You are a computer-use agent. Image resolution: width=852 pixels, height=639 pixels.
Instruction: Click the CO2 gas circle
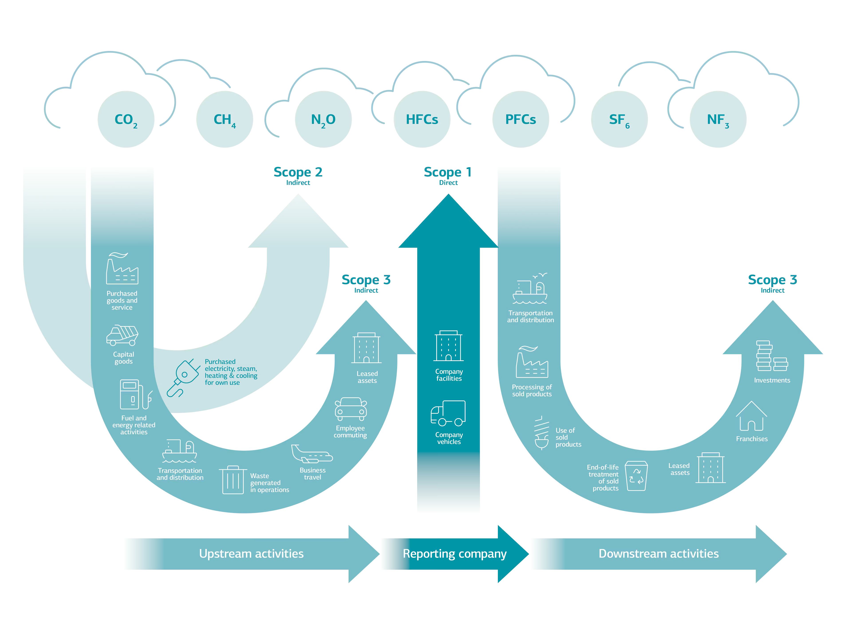pos(126,119)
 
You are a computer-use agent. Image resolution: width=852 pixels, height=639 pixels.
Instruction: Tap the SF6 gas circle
pos(619,119)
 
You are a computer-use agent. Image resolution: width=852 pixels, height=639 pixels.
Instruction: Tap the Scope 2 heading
pos(298,172)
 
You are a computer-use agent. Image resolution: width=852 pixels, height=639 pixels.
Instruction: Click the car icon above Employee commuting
pos(351,409)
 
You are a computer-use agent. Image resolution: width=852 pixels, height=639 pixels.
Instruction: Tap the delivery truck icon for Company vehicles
pos(448,413)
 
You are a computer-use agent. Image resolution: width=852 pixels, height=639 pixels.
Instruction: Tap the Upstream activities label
pos(251,554)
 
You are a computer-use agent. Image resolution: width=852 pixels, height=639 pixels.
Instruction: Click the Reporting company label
pos(454,554)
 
